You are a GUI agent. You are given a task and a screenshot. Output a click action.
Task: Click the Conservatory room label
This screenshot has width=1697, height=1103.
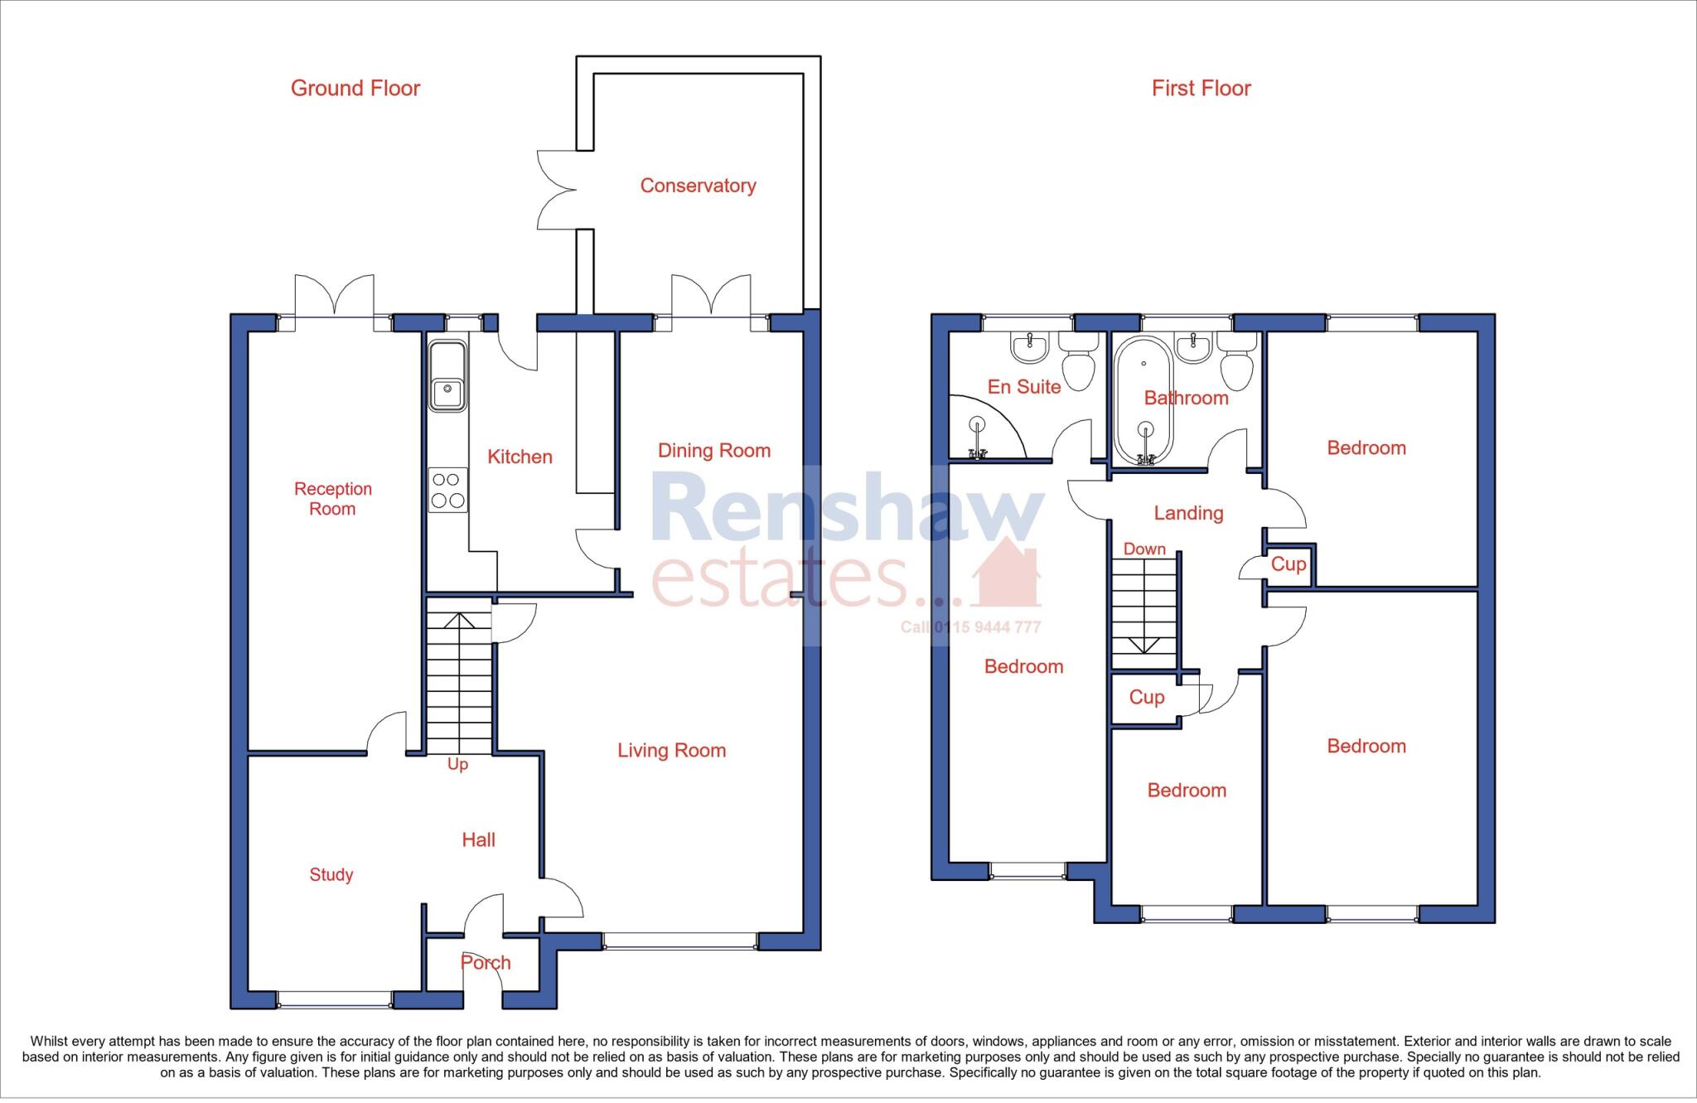point(698,186)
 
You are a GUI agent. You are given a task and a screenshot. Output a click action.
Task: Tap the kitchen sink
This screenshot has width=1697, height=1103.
point(447,377)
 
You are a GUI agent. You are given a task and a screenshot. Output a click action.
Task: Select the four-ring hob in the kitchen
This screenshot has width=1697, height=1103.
point(447,490)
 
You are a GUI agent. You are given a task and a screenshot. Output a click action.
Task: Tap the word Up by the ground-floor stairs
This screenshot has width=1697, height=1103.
point(457,764)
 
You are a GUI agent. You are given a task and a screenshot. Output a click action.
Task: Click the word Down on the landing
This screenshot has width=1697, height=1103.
point(1144,549)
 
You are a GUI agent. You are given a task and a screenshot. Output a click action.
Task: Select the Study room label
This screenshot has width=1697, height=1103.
point(331,874)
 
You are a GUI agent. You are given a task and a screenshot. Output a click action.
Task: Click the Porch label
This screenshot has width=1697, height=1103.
point(486,963)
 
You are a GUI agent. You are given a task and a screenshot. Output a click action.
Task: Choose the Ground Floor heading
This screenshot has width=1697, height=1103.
point(355,89)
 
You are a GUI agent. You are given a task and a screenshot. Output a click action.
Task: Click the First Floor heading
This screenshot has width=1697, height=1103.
point(1201,89)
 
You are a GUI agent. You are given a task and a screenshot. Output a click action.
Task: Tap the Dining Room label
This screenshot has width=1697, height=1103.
point(713,451)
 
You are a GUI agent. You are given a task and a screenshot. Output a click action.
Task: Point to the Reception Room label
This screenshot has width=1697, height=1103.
point(332,499)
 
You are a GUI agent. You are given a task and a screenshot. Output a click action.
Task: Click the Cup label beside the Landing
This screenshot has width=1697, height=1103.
point(1288,564)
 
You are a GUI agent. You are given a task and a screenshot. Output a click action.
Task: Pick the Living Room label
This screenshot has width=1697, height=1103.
point(671,751)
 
